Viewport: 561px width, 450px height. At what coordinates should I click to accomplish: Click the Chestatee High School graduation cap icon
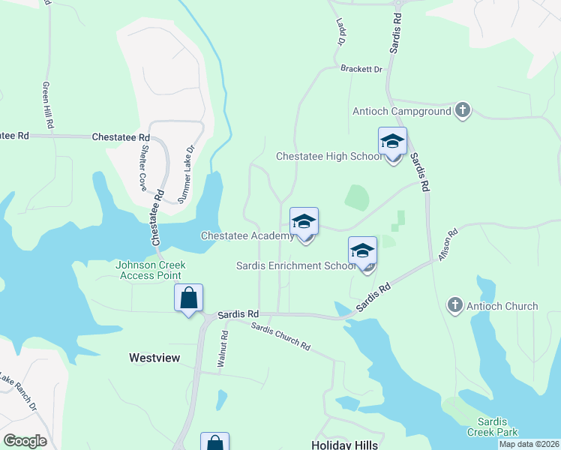(x=392, y=141)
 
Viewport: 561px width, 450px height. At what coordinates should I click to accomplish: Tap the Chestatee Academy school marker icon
(x=304, y=221)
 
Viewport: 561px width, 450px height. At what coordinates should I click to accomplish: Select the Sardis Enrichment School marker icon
(x=362, y=250)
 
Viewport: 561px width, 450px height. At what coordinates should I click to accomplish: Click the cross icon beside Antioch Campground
(x=463, y=111)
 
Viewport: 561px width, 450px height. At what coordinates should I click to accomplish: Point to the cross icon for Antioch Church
(x=454, y=305)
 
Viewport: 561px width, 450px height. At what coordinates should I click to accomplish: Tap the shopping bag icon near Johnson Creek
(x=189, y=298)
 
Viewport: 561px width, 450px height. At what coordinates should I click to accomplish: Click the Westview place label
(x=154, y=358)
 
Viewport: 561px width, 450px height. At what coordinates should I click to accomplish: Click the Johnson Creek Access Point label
(x=150, y=270)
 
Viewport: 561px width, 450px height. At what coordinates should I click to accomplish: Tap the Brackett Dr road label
(x=361, y=69)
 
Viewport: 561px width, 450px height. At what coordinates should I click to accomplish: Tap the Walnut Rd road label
(x=223, y=349)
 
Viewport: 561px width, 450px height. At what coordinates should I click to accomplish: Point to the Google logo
(x=25, y=441)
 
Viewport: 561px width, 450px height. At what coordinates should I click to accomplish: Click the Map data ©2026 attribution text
(x=529, y=444)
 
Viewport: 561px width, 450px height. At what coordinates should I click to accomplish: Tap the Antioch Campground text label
(x=402, y=112)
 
